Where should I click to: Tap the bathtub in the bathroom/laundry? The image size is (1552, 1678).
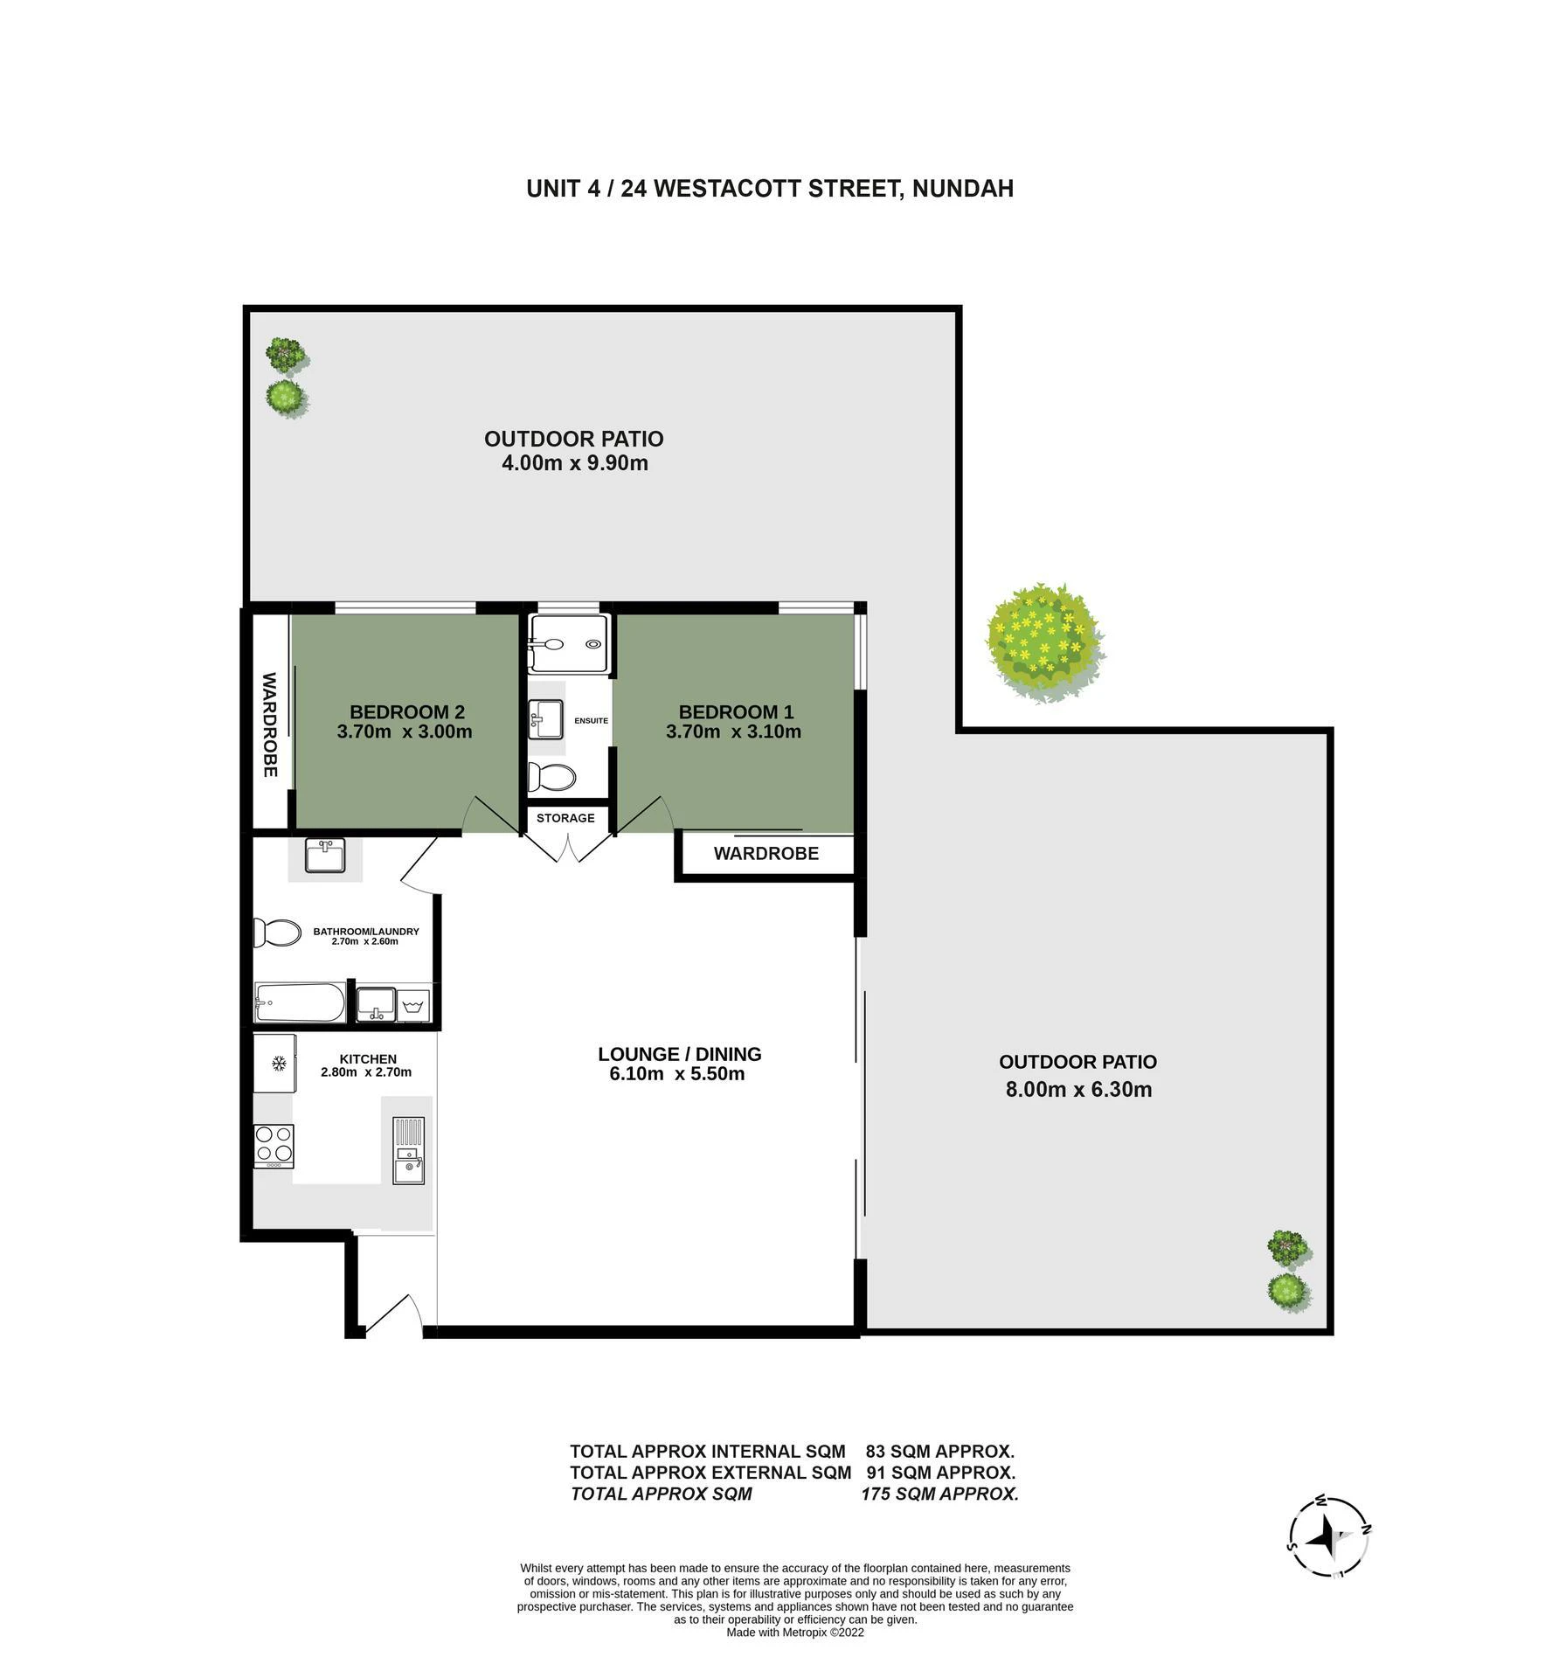pyautogui.click(x=299, y=1002)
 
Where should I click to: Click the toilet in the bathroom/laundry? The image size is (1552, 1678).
pyautogui.click(x=276, y=932)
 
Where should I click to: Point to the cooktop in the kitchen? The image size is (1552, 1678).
pyautogui.click(x=274, y=1146)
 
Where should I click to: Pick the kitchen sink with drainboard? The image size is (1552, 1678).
pyautogui.click(x=408, y=1150)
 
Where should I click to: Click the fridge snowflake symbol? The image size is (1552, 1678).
pyautogui.click(x=279, y=1064)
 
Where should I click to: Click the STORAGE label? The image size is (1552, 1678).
pyautogui.click(x=565, y=818)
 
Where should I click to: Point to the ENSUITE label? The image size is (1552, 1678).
pyautogui.click(x=591, y=721)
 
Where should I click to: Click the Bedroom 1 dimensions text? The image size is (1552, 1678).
pyautogui.click(x=733, y=732)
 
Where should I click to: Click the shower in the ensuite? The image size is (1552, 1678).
pyautogui.click(x=568, y=643)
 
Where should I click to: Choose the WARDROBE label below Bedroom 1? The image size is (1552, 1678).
pyautogui.click(x=766, y=854)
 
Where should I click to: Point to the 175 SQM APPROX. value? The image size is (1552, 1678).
pyautogui.click(x=940, y=1494)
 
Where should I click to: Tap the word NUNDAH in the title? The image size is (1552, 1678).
pyautogui.click(x=962, y=189)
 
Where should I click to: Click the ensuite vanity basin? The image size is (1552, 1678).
pyautogui.click(x=546, y=719)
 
